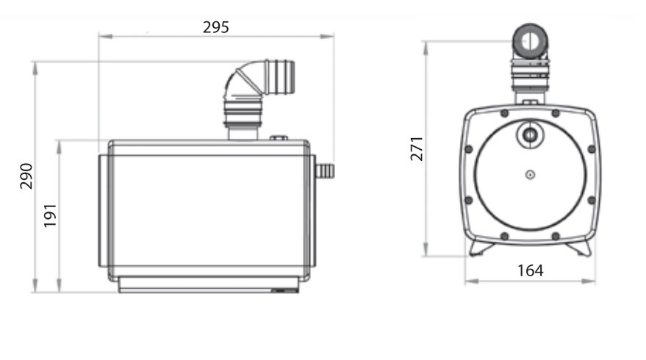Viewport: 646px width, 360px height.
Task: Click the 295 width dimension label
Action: (x=216, y=27)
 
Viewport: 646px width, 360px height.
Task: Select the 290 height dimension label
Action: (x=26, y=176)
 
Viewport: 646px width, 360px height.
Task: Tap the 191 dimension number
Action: (x=50, y=215)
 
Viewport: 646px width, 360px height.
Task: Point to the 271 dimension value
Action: (x=417, y=148)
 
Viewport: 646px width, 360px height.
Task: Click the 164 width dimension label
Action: (x=530, y=270)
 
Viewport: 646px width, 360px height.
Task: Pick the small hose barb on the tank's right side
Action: (x=325, y=170)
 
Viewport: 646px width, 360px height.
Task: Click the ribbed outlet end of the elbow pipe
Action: (x=281, y=76)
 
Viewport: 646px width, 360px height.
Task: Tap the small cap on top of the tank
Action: (x=279, y=138)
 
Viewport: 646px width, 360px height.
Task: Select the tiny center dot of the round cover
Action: (x=530, y=175)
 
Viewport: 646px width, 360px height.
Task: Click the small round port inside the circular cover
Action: (x=530, y=134)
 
